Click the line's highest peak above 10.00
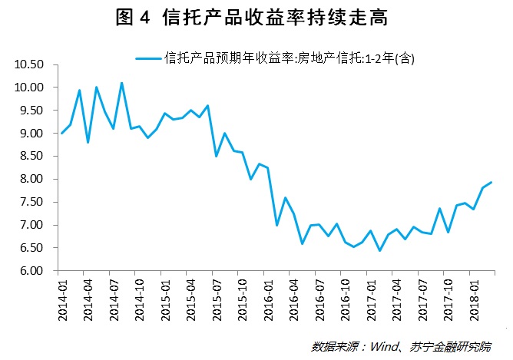tap(121, 83)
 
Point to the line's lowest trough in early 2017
tap(379, 250)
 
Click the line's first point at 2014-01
tap(62, 134)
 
